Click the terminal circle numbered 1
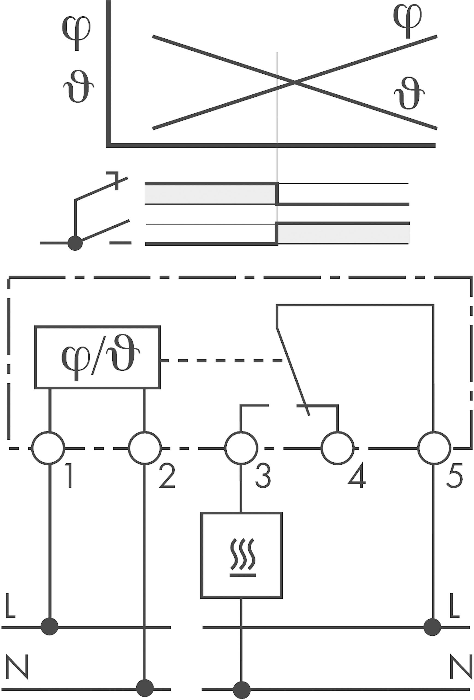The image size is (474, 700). (48, 448)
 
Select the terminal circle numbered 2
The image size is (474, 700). (145, 448)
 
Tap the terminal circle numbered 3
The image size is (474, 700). (241, 448)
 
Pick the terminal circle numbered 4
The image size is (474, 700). (338, 448)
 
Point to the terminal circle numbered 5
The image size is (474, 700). (434, 448)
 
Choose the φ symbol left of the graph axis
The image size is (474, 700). (77, 33)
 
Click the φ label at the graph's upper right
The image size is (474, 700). (408, 21)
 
